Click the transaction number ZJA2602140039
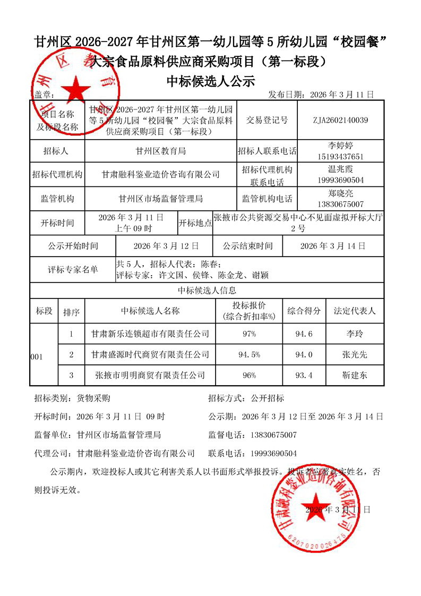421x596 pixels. pyautogui.click(x=341, y=120)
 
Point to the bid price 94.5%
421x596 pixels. pyautogui.click(x=249, y=354)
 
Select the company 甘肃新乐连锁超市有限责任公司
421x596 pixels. pyautogui.click(x=150, y=334)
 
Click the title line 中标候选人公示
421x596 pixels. pyautogui.click(x=211, y=81)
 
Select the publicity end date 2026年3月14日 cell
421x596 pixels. pyautogui.click(x=333, y=246)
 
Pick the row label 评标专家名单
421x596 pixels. pyautogui.click(x=73, y=270)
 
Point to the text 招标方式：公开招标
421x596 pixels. pyautogui.click(x=246, y=398)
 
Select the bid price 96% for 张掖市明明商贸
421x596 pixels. pyautogui.click(x=249, y=375)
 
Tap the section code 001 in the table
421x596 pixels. pyautogui.click(x=37, y=357)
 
